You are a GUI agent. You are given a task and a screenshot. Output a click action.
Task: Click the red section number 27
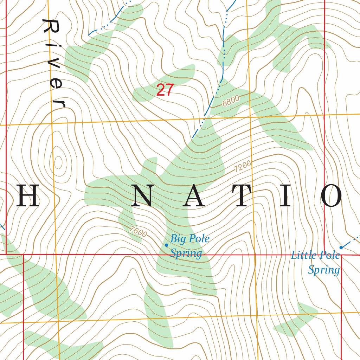[x=165, y=90]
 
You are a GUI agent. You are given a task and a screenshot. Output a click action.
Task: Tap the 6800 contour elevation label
[x=231, y=101]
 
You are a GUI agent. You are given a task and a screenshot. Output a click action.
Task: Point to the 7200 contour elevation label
[x=243, y=166]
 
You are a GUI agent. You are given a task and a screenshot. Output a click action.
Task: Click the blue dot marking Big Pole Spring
[x=166, y=245]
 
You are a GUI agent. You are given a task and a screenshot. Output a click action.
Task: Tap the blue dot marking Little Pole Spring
[x=341, y=247]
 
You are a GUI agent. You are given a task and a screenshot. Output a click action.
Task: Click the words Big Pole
[x=190, y=239]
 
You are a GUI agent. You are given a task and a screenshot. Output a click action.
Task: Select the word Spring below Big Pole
[x=186, y=253]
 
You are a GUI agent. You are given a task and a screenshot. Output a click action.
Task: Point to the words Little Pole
[x=315, y=255]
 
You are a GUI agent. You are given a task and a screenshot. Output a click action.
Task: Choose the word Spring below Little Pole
[x=324, y=270]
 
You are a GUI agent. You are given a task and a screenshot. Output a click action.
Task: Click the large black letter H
[x=27, y=196]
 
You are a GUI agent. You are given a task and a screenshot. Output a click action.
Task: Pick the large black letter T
[x=243, y=196]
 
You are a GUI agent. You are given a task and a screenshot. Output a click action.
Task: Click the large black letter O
[x=332, y=196]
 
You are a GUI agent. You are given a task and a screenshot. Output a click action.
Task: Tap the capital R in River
[x=50, y=27]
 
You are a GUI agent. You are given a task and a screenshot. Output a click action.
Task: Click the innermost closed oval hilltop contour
[x=58, y=162]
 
